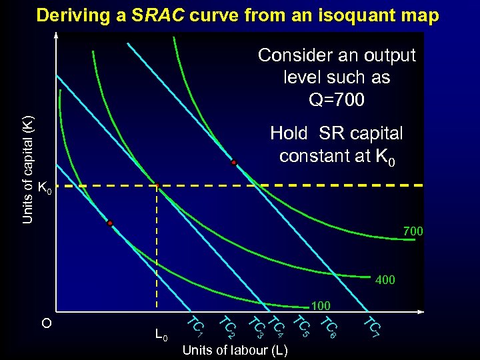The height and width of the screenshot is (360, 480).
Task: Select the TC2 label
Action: [x=227, y=326]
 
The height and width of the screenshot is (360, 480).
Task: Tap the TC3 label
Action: [x=256, y=326]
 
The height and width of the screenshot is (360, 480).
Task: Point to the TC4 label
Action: [x=277, y=325]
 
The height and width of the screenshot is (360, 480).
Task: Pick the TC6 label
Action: [x=329, y=325]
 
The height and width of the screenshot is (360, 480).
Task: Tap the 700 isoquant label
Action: [x=413, y=232]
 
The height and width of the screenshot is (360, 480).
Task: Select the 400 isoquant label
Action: [x=385, y=280]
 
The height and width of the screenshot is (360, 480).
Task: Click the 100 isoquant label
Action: [x=321, y=306]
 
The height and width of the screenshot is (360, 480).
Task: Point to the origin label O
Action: [x=46, y=323]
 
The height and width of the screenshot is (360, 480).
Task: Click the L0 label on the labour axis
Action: [x=160, y=334]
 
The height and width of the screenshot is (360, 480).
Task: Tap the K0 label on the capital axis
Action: [x=45, y=189]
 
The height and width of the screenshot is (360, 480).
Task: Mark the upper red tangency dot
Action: [x=234, y=163]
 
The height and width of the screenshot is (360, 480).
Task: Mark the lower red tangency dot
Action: [x=110, y=223]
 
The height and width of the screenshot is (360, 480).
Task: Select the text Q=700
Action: [x=337, y=100]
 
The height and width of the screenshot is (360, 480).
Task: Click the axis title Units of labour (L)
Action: [x=235, y=350]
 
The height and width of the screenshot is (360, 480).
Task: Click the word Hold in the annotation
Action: [x=289, y=133]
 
